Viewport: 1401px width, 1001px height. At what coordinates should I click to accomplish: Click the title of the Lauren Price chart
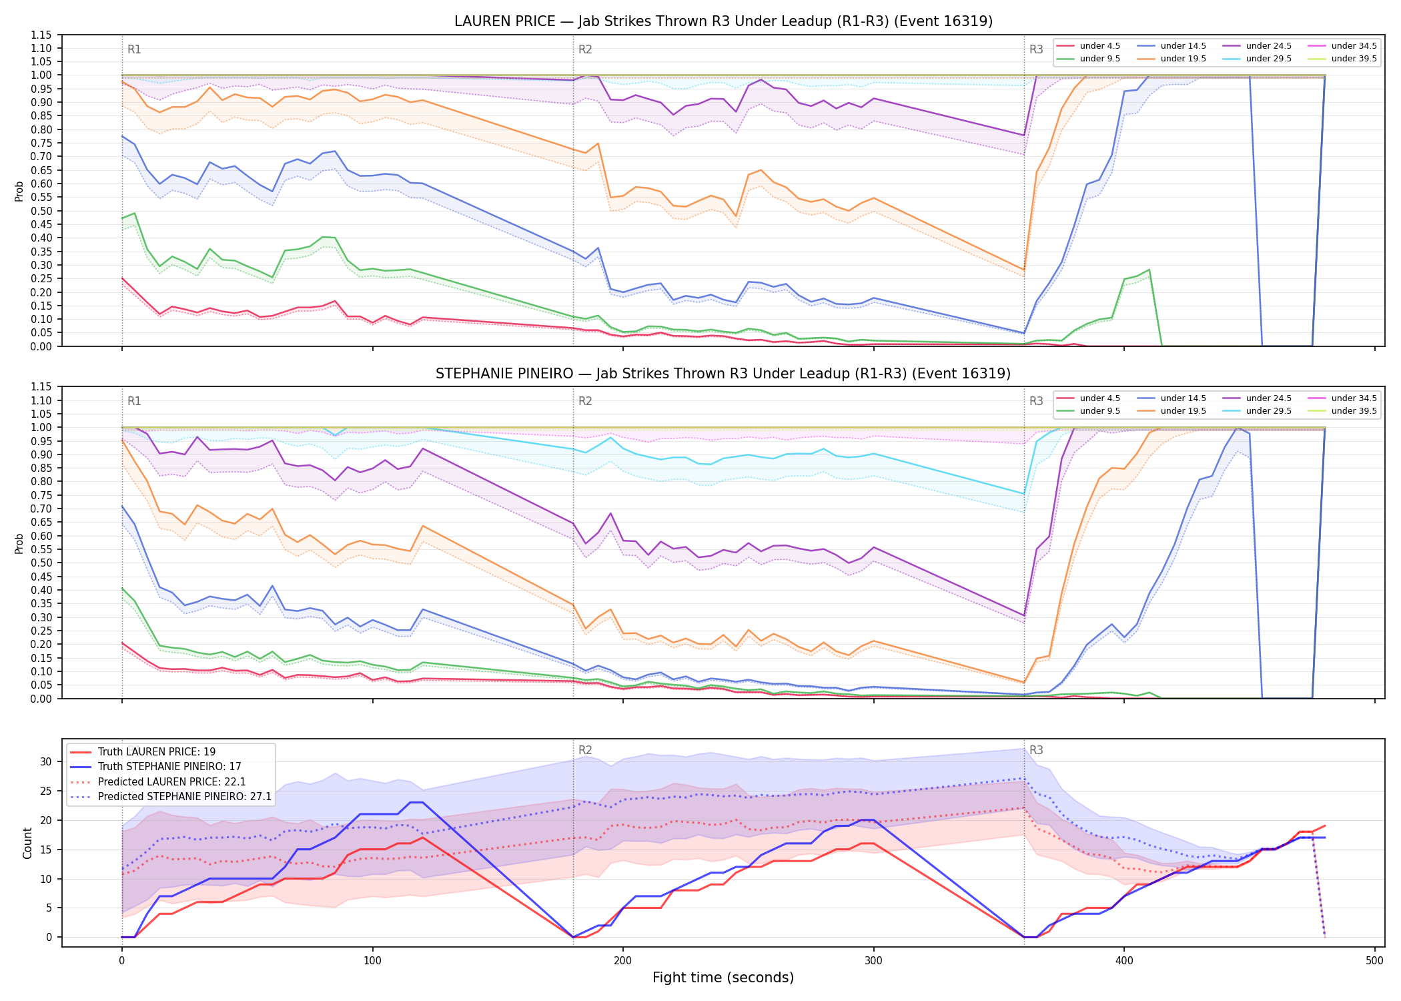click(723, 21)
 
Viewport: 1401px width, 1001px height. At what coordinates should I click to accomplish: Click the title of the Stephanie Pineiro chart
click(723, 374)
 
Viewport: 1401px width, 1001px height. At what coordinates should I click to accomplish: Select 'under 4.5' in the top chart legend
click(1100, 46)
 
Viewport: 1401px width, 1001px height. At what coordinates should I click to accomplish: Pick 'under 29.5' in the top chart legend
click(1269, 59)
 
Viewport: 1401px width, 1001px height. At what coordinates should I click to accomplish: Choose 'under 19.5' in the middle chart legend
click(1184, 411)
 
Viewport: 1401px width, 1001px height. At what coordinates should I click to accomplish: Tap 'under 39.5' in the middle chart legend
click(1354, 411)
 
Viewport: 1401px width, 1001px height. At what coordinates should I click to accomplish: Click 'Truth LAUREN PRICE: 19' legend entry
click(157, 752)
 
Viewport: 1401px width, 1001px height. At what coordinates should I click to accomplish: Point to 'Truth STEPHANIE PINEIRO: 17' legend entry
click(169, 767)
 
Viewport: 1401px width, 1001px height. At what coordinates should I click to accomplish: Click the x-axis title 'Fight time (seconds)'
click(723, 978)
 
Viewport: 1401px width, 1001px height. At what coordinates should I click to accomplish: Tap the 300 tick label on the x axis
click(873, 961)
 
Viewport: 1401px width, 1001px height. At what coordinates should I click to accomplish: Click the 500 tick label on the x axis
click(1374, 961)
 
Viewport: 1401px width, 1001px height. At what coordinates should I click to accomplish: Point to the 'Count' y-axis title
click(27, 843)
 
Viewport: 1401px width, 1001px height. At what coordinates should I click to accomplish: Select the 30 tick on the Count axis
click(46, 761)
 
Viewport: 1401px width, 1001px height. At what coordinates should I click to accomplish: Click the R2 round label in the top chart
click(585, 49)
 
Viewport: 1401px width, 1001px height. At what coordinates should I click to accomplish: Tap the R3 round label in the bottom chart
click(1036, 750)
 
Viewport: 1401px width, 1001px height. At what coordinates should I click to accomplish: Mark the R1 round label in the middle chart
click(134, 401)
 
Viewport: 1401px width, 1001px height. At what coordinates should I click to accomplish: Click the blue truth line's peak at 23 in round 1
click(416, 802)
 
